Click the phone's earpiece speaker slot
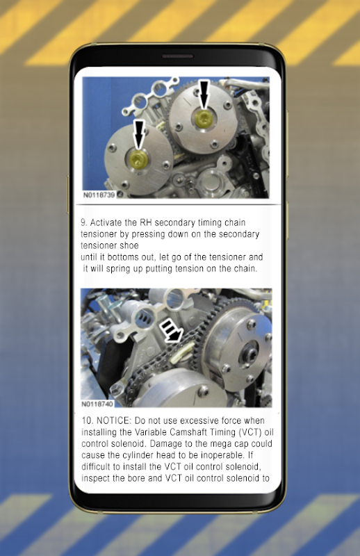[178, 56]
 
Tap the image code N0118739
[99, 195]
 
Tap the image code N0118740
[97, 404]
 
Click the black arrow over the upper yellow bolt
[204, 94]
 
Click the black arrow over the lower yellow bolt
[140, 134]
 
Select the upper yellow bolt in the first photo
[204, 119]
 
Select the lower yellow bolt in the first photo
[138, 158]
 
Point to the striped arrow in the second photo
[170, 331]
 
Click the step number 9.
[83, 222]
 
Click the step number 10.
[88, 421]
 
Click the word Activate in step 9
[108, 222]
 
